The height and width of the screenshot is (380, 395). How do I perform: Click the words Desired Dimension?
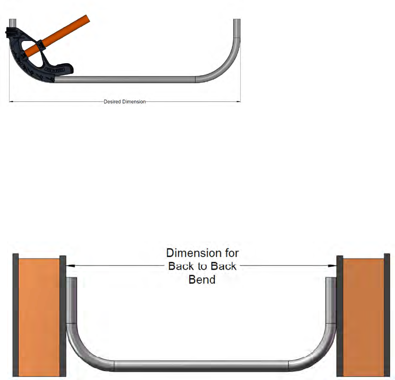[x=124, y=101]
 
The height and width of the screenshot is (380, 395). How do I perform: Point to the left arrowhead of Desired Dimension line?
[x=11, y=101]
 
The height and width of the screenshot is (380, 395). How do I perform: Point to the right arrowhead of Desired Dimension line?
[x=239, y=101]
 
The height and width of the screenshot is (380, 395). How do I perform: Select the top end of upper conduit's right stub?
[x=237, y=21]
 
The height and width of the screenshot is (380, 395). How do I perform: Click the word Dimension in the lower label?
[x=202, y=252]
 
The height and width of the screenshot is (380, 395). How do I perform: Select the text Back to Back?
[x=202, y=265]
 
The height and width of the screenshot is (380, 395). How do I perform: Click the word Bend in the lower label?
[x=202, y=279]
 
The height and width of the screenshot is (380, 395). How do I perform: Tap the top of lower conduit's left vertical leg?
[x=72, y=280]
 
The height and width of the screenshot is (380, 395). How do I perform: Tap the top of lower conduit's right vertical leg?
[x=330, y=280]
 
